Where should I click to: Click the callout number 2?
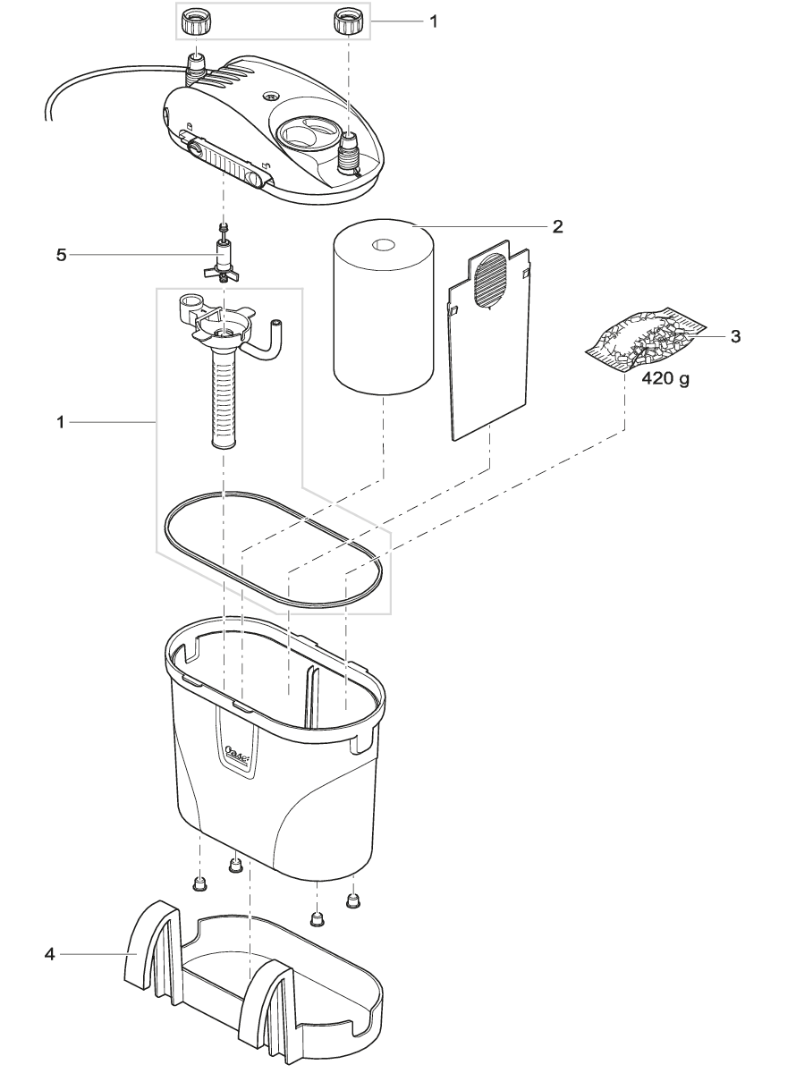(556, 226)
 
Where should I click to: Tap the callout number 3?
(734, 337)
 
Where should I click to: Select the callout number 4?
(49, 956)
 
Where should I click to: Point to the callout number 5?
(62, 255)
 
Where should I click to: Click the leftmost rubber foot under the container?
(199, 884)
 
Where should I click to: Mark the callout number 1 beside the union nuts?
(433, 21)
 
